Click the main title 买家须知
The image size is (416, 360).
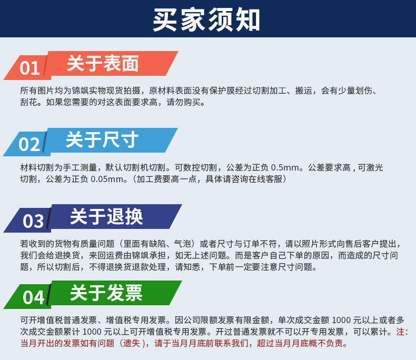207,19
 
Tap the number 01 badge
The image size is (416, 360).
29,68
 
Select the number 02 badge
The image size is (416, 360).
29,144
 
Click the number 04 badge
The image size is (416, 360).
33,297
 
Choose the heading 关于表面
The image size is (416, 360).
103,64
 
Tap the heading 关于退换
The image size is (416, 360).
106,217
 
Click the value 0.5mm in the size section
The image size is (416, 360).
285,168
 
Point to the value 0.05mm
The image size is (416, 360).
106,179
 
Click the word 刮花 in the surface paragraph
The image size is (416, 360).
28,102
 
